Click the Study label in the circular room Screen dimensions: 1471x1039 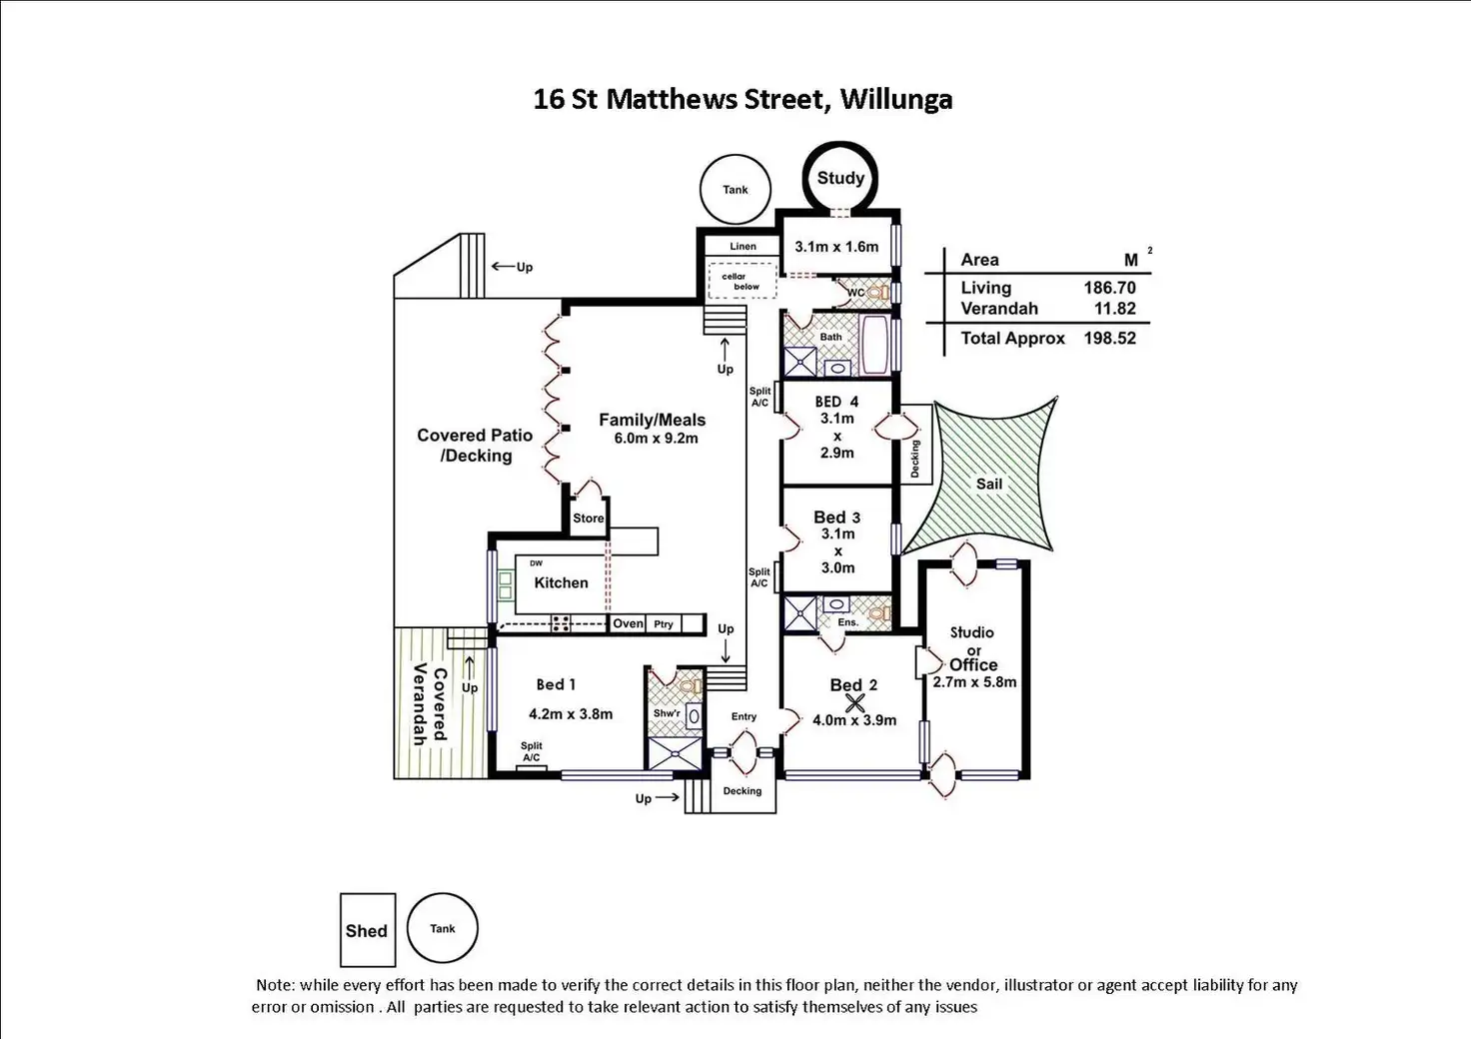[840, 178]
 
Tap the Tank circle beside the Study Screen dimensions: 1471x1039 [735, 190]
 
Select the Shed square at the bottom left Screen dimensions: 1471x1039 [367, 930]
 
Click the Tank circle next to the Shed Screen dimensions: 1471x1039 [443, 928]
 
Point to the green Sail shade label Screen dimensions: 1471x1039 [988, 484]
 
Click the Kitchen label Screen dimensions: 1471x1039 [561, 582]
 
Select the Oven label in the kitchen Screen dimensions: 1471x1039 [628, 623]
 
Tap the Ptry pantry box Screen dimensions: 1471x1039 [664, 623]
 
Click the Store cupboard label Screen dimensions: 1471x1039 [589, 519]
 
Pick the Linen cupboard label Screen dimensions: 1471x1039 [742, 246]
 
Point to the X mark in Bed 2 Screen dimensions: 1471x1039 [854, 702]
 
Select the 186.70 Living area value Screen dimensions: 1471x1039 [1109, 288]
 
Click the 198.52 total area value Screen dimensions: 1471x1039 [1109, 338]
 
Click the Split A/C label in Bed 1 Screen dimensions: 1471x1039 [531, 751]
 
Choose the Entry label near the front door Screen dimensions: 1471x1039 [743, 716]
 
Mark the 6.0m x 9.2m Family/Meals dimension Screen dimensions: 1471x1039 [656, 439]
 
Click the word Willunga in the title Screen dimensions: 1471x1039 [895, 99]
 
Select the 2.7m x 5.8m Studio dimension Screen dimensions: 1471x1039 [974, 682]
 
